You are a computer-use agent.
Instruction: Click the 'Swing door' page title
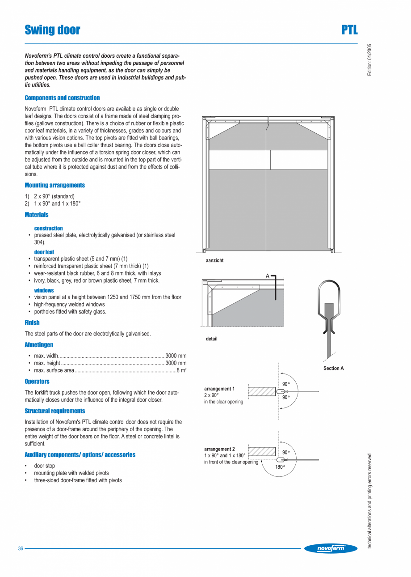pos(52,30)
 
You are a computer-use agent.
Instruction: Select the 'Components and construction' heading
pos(62,98)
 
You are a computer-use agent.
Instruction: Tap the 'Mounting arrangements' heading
pos(55,185)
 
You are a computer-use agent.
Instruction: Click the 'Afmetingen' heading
pos(39,345)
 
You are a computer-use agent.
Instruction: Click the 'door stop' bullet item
pos(45,466)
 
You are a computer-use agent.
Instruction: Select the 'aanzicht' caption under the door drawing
pos(215,260)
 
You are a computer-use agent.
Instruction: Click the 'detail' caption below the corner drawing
pos(211,339)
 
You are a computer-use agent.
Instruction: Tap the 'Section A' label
pos(333,368)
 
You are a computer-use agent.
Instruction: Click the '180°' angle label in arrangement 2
pos(280,467)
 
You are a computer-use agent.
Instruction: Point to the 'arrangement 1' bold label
pos(219,389)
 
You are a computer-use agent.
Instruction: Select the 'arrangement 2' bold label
pos(219,449)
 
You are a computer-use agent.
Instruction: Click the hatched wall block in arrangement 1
pos(262,391)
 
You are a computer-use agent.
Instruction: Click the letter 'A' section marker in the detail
pos(268,276)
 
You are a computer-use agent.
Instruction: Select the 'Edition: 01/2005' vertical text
pos(369,59)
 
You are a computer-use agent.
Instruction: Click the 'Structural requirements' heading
pos(55,411)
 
